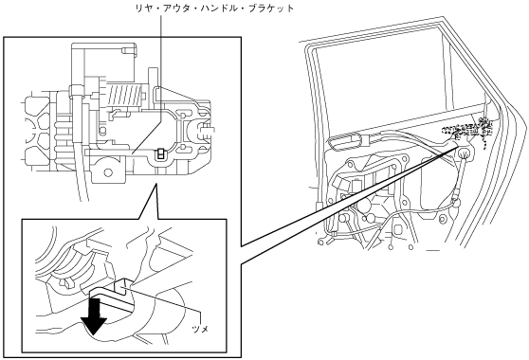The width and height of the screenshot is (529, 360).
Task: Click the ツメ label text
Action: point(200,329)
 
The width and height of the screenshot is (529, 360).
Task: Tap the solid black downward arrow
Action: point(95,315)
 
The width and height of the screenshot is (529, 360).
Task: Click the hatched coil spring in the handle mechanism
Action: point(124,95)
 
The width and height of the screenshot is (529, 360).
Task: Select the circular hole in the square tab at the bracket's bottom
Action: point(108,172)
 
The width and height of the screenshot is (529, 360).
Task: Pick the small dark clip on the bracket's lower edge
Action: point(161,153)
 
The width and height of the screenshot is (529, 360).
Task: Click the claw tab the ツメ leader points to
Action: point(122,285)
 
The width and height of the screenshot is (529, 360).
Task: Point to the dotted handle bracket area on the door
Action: point(469,129)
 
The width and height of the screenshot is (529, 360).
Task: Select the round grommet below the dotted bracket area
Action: point(464,154)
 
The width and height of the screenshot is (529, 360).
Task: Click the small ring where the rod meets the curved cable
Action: point(456,203)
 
